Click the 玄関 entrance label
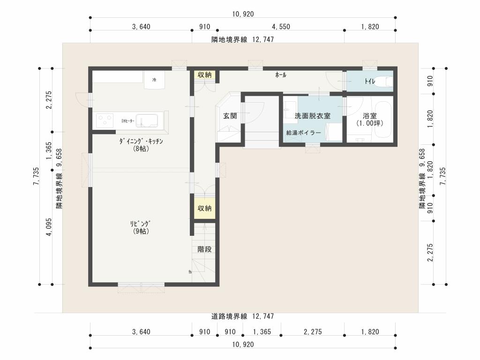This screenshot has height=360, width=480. pyautogui.click(x=230, y=116)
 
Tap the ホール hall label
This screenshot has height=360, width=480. pyautogui.click(x=280, y=75)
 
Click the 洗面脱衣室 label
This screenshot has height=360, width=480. pyautogui.click(x=312, y=116)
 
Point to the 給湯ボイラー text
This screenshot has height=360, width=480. pyautogui.click(x=303, y=133)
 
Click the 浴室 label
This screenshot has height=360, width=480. pyautogui.click(x=370, y=116)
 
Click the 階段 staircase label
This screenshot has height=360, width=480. pyautogui.click(x=204, y=249)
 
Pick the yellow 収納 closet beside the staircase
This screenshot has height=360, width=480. pyautogui.click(x=205, y=209)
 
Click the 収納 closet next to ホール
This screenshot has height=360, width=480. pyautogui.click(x=204, y=75)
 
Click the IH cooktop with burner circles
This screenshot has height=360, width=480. pyautogui.click(x=105, y=121)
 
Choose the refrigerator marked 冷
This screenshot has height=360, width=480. pyautogui.click(x=154, y=80)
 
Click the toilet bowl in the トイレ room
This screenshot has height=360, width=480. pyautogui.click(x=385, y=81)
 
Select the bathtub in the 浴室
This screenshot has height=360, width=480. pyautogui.click(x=383, y=120)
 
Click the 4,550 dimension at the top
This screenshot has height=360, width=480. pyautogui.click(x=281, y=27)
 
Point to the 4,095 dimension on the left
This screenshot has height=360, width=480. pyautogui.click(x=49, y=228)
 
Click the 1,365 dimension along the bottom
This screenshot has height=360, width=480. pyautogui.click(x=262, y=332)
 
